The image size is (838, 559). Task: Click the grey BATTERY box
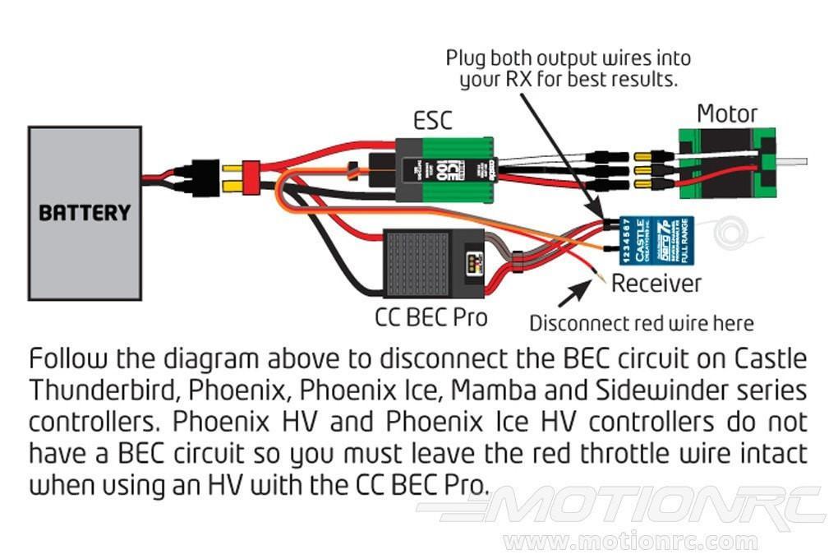click(85, 212)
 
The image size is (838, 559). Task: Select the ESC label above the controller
click(432, 121)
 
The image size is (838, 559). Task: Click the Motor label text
click(727, 113)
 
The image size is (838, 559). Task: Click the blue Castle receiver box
click(656, 240)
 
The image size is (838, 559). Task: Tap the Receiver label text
click(656, 284)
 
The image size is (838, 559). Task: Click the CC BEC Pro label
click(431, 316)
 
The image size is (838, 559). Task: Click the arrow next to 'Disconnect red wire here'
click(574, 289)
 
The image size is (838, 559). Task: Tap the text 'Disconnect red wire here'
click(641, 323)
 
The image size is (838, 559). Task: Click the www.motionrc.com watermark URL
click(630, 541)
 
